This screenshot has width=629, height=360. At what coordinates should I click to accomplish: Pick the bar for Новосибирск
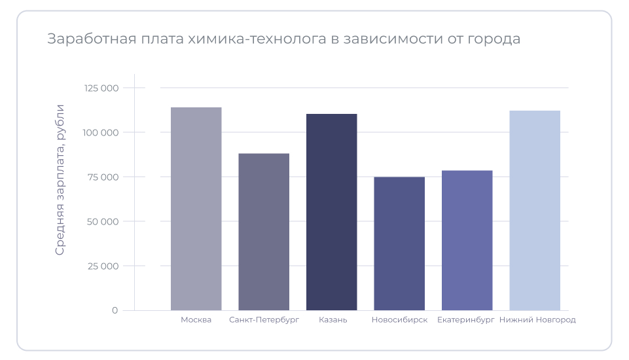399,243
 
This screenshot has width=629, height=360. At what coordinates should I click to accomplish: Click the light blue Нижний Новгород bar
535,210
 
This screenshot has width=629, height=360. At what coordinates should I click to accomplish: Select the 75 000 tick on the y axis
103,177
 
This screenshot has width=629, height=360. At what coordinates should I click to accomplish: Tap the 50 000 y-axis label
103,221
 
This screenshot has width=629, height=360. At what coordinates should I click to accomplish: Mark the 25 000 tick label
103,266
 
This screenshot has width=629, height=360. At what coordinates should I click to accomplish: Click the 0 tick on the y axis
115,310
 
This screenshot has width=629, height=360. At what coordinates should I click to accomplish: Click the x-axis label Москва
196,320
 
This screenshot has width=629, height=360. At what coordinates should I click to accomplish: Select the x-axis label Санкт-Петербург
264,320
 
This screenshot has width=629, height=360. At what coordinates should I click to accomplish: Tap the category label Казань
332,320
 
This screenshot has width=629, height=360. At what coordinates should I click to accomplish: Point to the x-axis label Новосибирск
399,320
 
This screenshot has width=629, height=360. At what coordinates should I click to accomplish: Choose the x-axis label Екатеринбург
465,320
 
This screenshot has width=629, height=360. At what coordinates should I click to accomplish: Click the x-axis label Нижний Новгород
537,320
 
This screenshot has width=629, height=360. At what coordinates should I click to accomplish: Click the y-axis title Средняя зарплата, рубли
60,179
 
